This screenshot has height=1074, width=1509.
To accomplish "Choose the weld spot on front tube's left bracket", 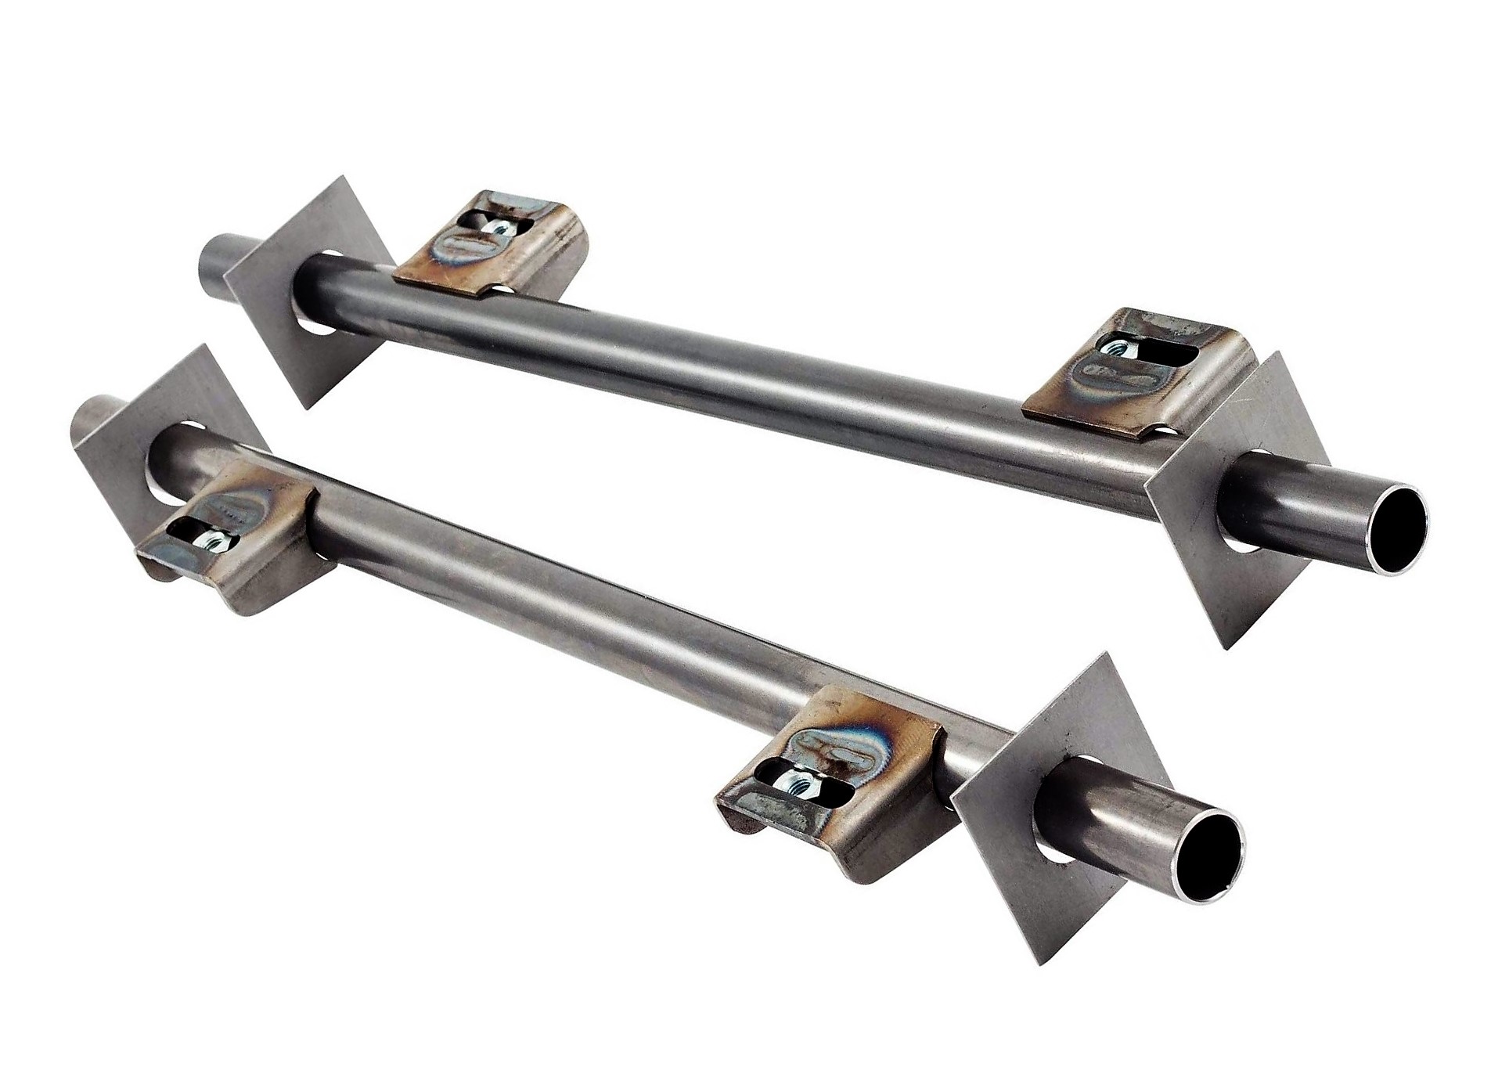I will point(235,502).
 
